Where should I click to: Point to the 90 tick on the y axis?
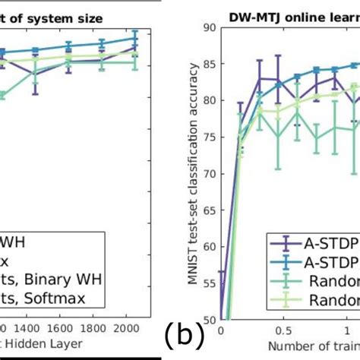210,27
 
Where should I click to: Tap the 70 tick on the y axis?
210,174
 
